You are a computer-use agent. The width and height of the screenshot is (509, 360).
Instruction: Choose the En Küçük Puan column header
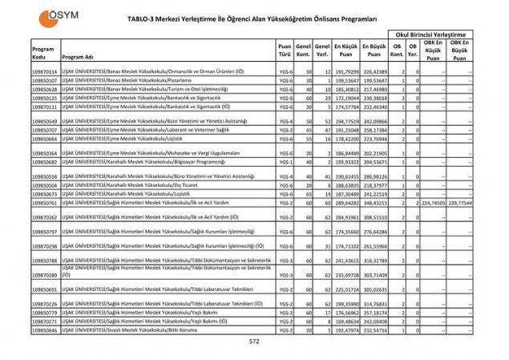(346, 52)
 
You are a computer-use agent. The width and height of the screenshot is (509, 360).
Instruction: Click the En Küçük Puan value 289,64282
(346, 203)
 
